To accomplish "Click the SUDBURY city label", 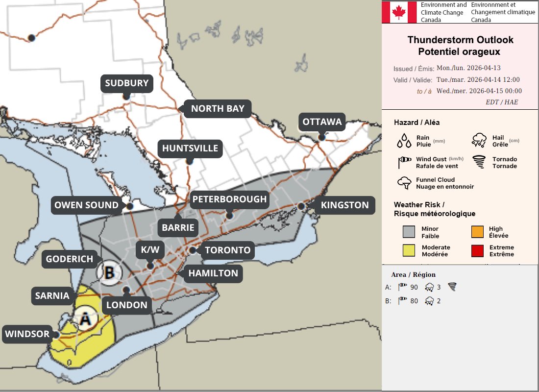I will (126, 83).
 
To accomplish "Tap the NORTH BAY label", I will (218, 109).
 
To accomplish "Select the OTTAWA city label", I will (322, 122).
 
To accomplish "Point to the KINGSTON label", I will (344, 205).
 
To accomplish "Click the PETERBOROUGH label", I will (229, 199).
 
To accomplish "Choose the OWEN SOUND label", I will (86, 205).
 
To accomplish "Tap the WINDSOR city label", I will (27, 335).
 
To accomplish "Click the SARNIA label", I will (52, 296).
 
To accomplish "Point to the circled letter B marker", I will (109, 272).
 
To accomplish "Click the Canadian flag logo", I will (399, 12).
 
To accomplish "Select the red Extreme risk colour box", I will (477, 251).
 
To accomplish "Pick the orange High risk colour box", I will (477, 232).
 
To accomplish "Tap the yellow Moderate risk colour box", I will (409, 251).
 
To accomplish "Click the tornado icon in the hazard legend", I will (479, 162).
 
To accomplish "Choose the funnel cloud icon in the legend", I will (404, 183).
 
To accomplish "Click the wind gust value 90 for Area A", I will (414, 288).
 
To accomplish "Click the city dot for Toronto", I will (193, 250).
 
